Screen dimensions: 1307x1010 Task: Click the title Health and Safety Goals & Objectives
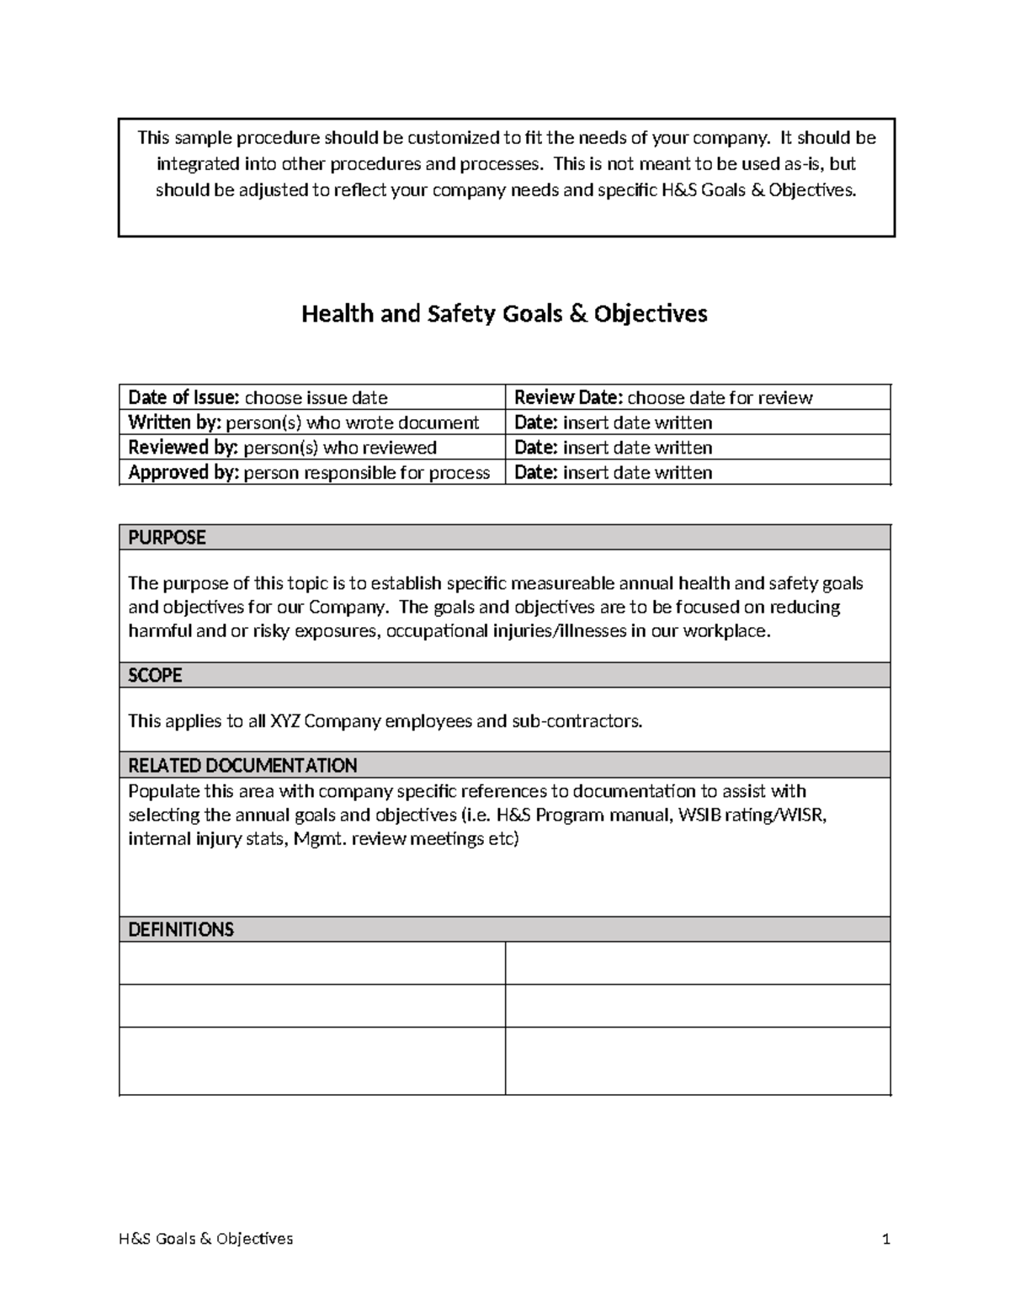(504, 314)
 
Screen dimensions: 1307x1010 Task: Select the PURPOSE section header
(167, 538)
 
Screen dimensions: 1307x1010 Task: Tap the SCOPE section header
(155, 676)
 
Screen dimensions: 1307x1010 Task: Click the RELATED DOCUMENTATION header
(242, 766)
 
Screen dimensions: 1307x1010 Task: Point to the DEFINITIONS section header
(181, 930)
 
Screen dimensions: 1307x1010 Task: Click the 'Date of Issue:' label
(184, 398)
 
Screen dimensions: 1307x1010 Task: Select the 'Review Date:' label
(569, 398)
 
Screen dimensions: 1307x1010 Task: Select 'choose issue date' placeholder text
(316, 398)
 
